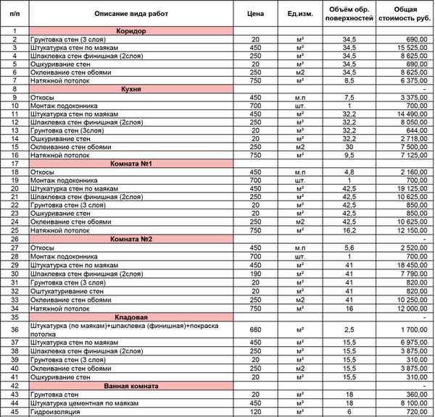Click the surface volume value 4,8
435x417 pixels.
[x=349, y=172]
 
